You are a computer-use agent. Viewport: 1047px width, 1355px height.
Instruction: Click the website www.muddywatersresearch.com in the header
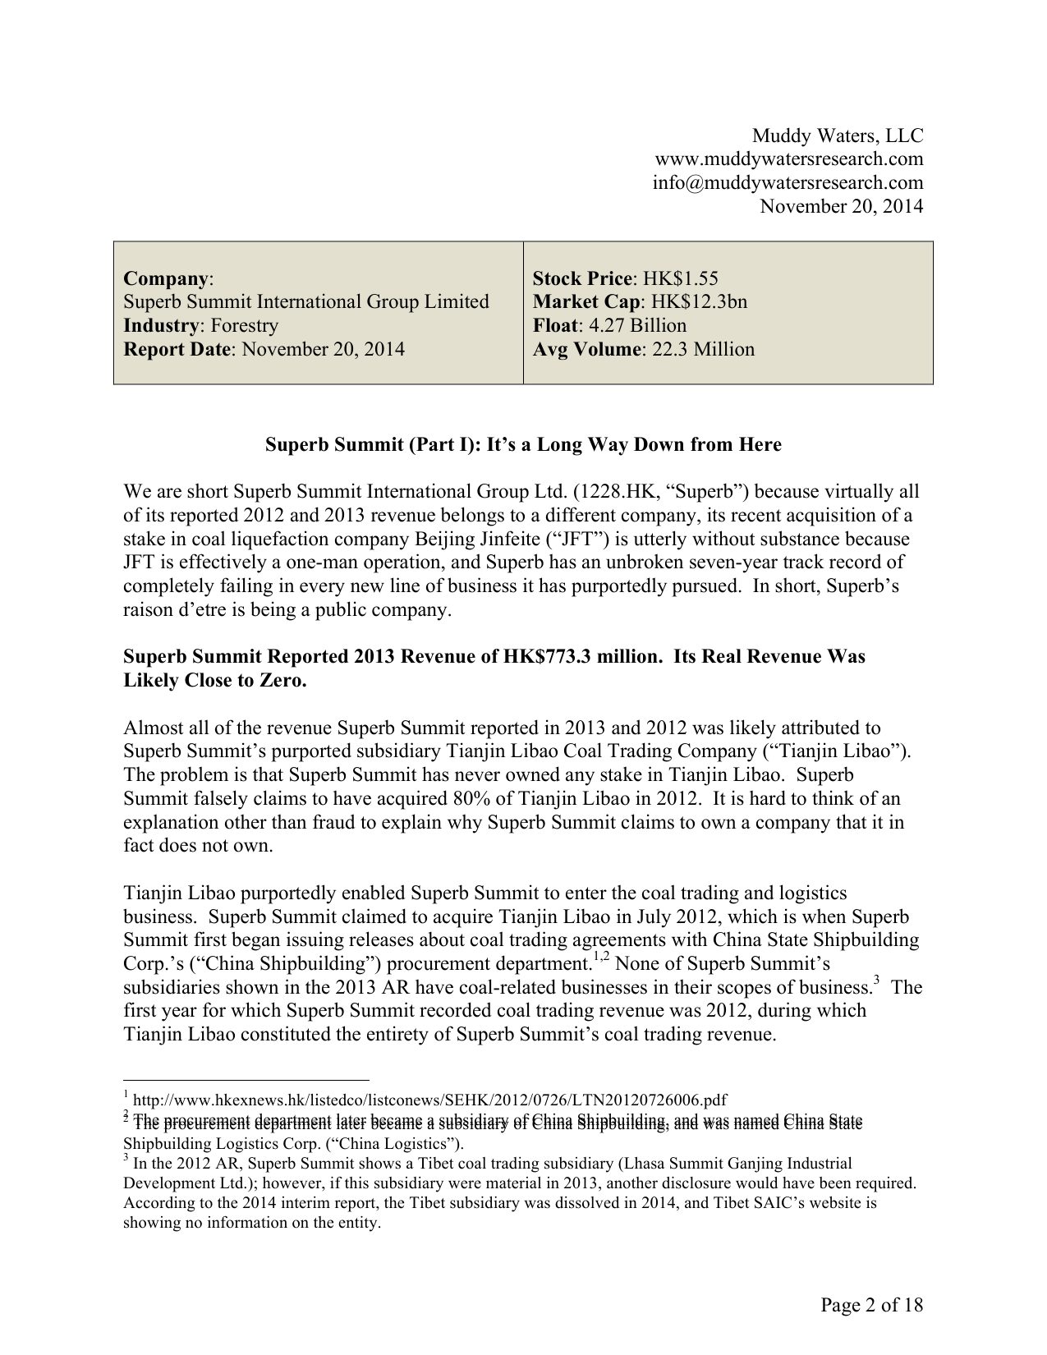click(x=788, y=158)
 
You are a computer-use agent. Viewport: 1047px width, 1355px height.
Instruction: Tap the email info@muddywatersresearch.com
click(x=788, y=182)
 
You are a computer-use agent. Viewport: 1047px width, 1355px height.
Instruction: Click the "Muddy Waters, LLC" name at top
click(x=838, y=135)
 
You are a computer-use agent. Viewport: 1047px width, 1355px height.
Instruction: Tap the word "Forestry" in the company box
click(x=244, y=325)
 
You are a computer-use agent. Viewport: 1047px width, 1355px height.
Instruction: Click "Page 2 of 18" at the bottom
click(x=872, y=1305)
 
